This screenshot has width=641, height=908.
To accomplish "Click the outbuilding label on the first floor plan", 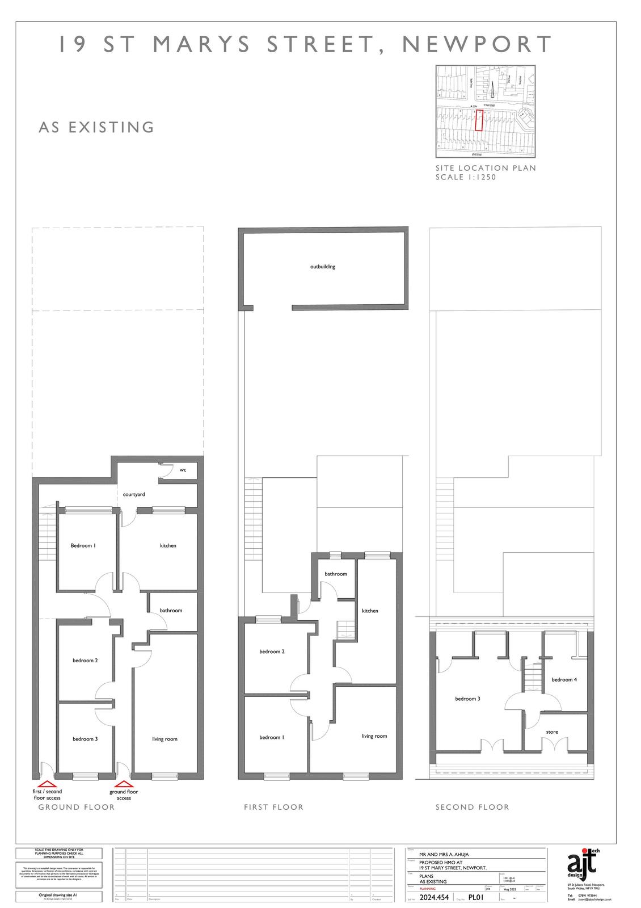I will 322,266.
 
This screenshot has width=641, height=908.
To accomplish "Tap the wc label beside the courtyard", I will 183,470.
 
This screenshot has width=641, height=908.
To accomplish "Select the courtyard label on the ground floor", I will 134,494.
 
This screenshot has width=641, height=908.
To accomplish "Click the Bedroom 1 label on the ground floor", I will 83,545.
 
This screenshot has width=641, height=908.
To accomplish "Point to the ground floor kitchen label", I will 168,545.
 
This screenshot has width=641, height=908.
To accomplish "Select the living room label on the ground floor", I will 165,739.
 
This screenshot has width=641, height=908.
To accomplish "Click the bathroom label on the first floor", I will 336,574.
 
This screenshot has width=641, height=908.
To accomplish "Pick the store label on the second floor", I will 552,732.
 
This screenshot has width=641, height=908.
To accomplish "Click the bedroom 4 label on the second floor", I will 564,679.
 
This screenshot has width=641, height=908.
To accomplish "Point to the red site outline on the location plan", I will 479,121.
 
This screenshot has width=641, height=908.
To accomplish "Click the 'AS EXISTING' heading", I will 96,127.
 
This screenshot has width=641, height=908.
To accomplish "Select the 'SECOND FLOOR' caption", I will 472,807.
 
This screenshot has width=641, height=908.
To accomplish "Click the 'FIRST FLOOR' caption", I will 273,807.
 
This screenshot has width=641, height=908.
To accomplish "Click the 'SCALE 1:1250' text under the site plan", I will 465,177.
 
